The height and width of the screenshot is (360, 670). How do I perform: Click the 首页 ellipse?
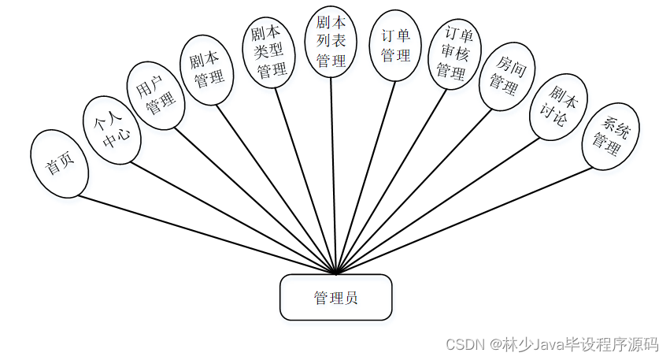(59, 164)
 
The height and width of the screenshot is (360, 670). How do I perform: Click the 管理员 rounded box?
(335, 298)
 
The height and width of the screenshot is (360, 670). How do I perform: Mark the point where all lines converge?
(336, 273)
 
